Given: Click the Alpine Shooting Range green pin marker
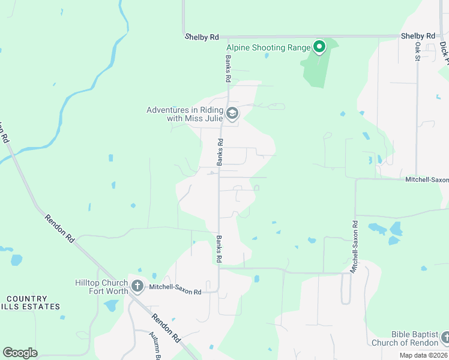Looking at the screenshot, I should pos(319,47).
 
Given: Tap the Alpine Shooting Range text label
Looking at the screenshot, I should pos(268,48).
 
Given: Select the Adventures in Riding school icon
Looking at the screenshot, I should pos(232,113).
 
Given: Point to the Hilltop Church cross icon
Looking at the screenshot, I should pos(137,286).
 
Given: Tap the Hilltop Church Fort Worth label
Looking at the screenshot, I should pos(101,287).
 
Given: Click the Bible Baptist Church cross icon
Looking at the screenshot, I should pos(444,338).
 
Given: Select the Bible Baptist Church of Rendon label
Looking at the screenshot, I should pos(406,338).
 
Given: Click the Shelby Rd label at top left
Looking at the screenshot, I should pos(202,37).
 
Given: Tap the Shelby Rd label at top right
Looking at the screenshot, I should pos(418,36).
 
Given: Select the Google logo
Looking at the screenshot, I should pos(20,353).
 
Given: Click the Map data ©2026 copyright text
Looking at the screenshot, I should pos(423,355).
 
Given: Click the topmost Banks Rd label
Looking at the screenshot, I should pos(228,69).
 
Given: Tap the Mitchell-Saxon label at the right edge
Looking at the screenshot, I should pos(427,179).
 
